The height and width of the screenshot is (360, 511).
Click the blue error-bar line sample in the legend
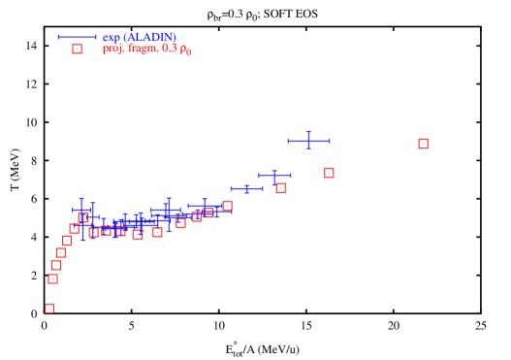click(77, 37)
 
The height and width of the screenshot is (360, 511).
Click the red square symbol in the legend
click(77, 49)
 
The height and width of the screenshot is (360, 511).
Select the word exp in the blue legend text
click(111, 37)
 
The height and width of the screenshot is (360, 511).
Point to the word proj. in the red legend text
click(113, 49)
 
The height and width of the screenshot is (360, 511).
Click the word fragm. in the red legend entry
click(144, 49)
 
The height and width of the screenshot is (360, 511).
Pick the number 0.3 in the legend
click(169, 49)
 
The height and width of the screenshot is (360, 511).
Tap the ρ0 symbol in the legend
click(185, 49)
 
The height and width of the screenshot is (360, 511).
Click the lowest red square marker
click(49, 309)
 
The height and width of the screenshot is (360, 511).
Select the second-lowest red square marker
click(52, 278)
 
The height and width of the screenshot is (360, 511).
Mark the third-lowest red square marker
click(56, 265)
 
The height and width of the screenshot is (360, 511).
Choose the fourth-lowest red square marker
click(61, 252)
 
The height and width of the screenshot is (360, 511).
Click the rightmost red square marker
click(423, 144)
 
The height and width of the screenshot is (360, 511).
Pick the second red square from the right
click(329, 173)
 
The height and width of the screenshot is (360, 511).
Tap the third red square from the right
click(280, 187)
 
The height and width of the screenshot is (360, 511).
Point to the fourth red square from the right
click(227, 206)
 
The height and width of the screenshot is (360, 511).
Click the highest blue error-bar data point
click(308, 141)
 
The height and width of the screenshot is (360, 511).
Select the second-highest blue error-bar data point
click(274, 176)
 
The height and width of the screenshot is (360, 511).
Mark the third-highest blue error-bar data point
click(246, 188)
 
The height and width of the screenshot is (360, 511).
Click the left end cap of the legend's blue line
click(59, 37)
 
